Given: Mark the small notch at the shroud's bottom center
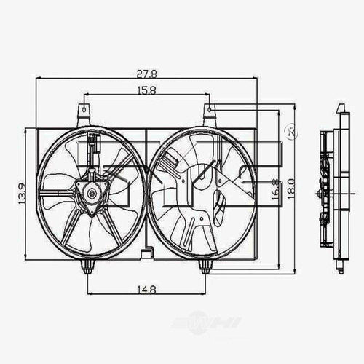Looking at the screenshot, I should (147, 254).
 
